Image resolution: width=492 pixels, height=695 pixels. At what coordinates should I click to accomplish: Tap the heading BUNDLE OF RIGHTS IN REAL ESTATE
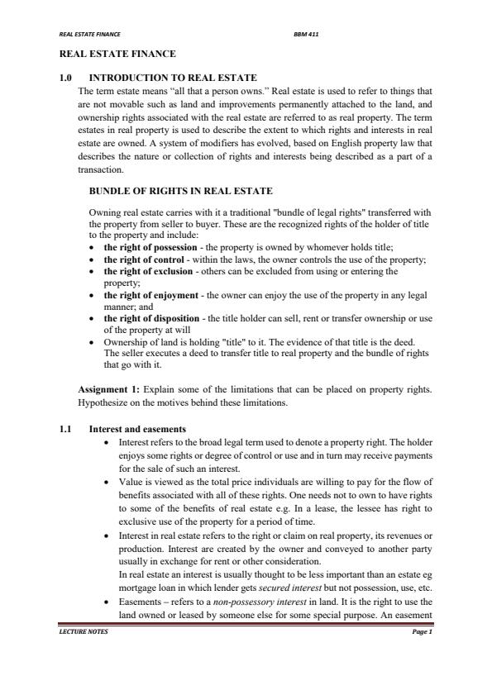[x=180, y=191]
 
